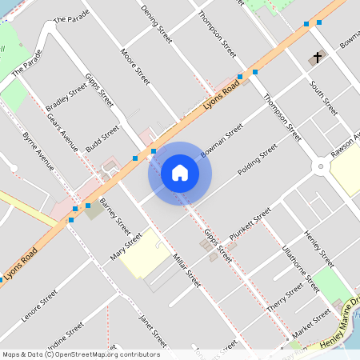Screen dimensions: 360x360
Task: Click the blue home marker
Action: (x=180, y=172)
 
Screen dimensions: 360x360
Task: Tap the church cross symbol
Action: (x=318, y=58)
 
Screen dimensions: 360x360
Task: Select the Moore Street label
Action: (x=135, y=66)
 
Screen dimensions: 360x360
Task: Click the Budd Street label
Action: (x=102, y=138)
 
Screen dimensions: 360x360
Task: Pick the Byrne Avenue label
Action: (x=38, y=151)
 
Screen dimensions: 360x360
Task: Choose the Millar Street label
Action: (x=186, y=270)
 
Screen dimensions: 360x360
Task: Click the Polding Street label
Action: (x=257, y=160)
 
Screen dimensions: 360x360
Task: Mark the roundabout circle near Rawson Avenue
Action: (x=321, y=166)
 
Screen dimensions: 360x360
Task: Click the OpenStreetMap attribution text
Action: (x=81, y=354)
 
